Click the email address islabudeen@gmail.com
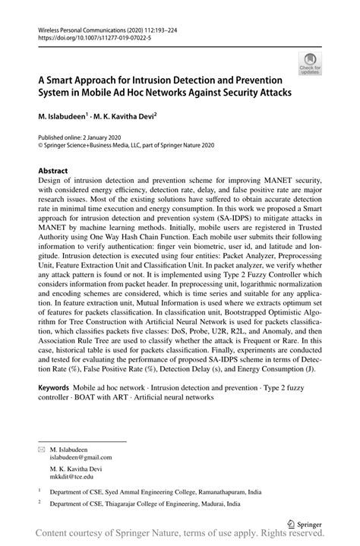coord(81,458)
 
